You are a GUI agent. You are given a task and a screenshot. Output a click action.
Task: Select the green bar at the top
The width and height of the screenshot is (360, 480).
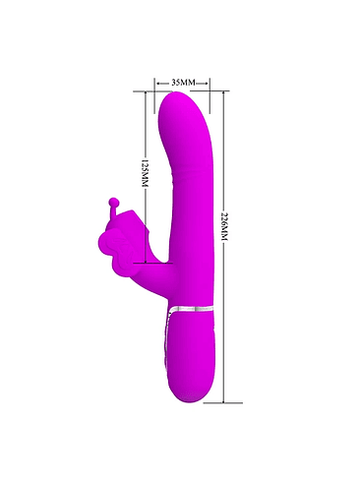tap(180, 30)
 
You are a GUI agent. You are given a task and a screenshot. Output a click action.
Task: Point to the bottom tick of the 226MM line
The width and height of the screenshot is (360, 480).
tap(224, 403)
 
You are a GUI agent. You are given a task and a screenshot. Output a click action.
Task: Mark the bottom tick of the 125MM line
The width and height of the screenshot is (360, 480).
tap(144, 265)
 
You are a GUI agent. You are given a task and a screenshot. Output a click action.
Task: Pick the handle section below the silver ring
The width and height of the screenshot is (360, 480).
tap(191, 354)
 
